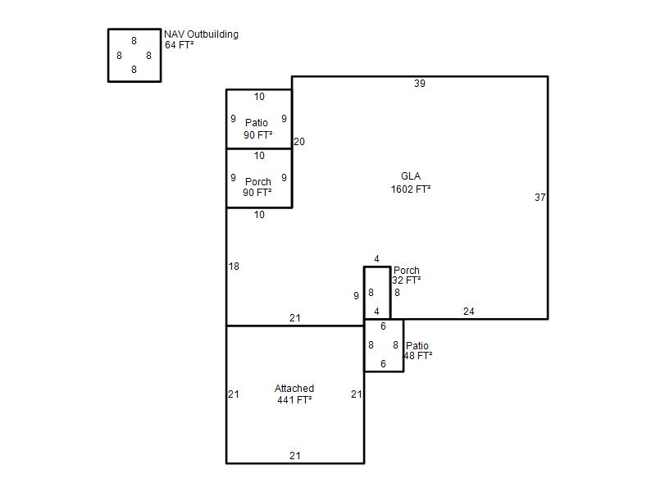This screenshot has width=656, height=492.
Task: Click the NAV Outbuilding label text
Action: pyautogui.click(x=201, y=34)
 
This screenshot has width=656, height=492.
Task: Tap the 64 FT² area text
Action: pyautogui.click(x=179, y=45)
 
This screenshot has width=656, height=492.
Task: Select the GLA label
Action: pyautogui.click(x=411, y=176)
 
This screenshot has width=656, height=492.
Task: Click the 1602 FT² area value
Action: pyautogui.click(x=411, y=189)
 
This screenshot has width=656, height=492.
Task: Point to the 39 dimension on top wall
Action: pyautogui.click(x=420, y=84)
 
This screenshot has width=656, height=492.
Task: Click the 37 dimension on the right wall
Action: pyautogui.click(x=540, y=197)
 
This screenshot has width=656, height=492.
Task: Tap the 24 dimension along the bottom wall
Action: pyautogui.click(x=468, y=312)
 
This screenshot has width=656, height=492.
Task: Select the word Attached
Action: pyautogui.click(x=294, y=388)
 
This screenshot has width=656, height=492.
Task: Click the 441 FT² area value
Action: pyautogui.click(x=294, y=400)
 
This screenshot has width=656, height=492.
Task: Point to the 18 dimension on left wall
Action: pyautogui.click(x=234, y=266)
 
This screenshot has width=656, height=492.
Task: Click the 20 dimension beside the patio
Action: pyautogui.click(x=299, y=141)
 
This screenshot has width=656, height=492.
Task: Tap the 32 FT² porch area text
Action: pyautogui.click(x=406, y=280)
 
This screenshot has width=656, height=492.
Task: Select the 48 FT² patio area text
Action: pyautogui.click(x=418, y=356)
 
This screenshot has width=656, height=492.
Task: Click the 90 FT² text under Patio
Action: pyautogui.click(x=258, y=135)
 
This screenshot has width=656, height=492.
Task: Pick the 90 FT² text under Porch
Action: pyautogui.click(x=257, y=193)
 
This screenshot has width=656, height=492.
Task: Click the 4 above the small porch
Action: pyautogui.click(x=376, y=259)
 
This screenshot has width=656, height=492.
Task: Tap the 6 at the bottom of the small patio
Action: pyautogui.click(x=383, y=364)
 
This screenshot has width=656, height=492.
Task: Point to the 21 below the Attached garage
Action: pyautogui.click(x=295, y=456)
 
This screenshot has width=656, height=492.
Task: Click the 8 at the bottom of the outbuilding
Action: pyautogui.click(x=134, y=70)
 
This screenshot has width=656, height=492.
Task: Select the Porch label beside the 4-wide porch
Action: pyautogui.click(x=407, y=271)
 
